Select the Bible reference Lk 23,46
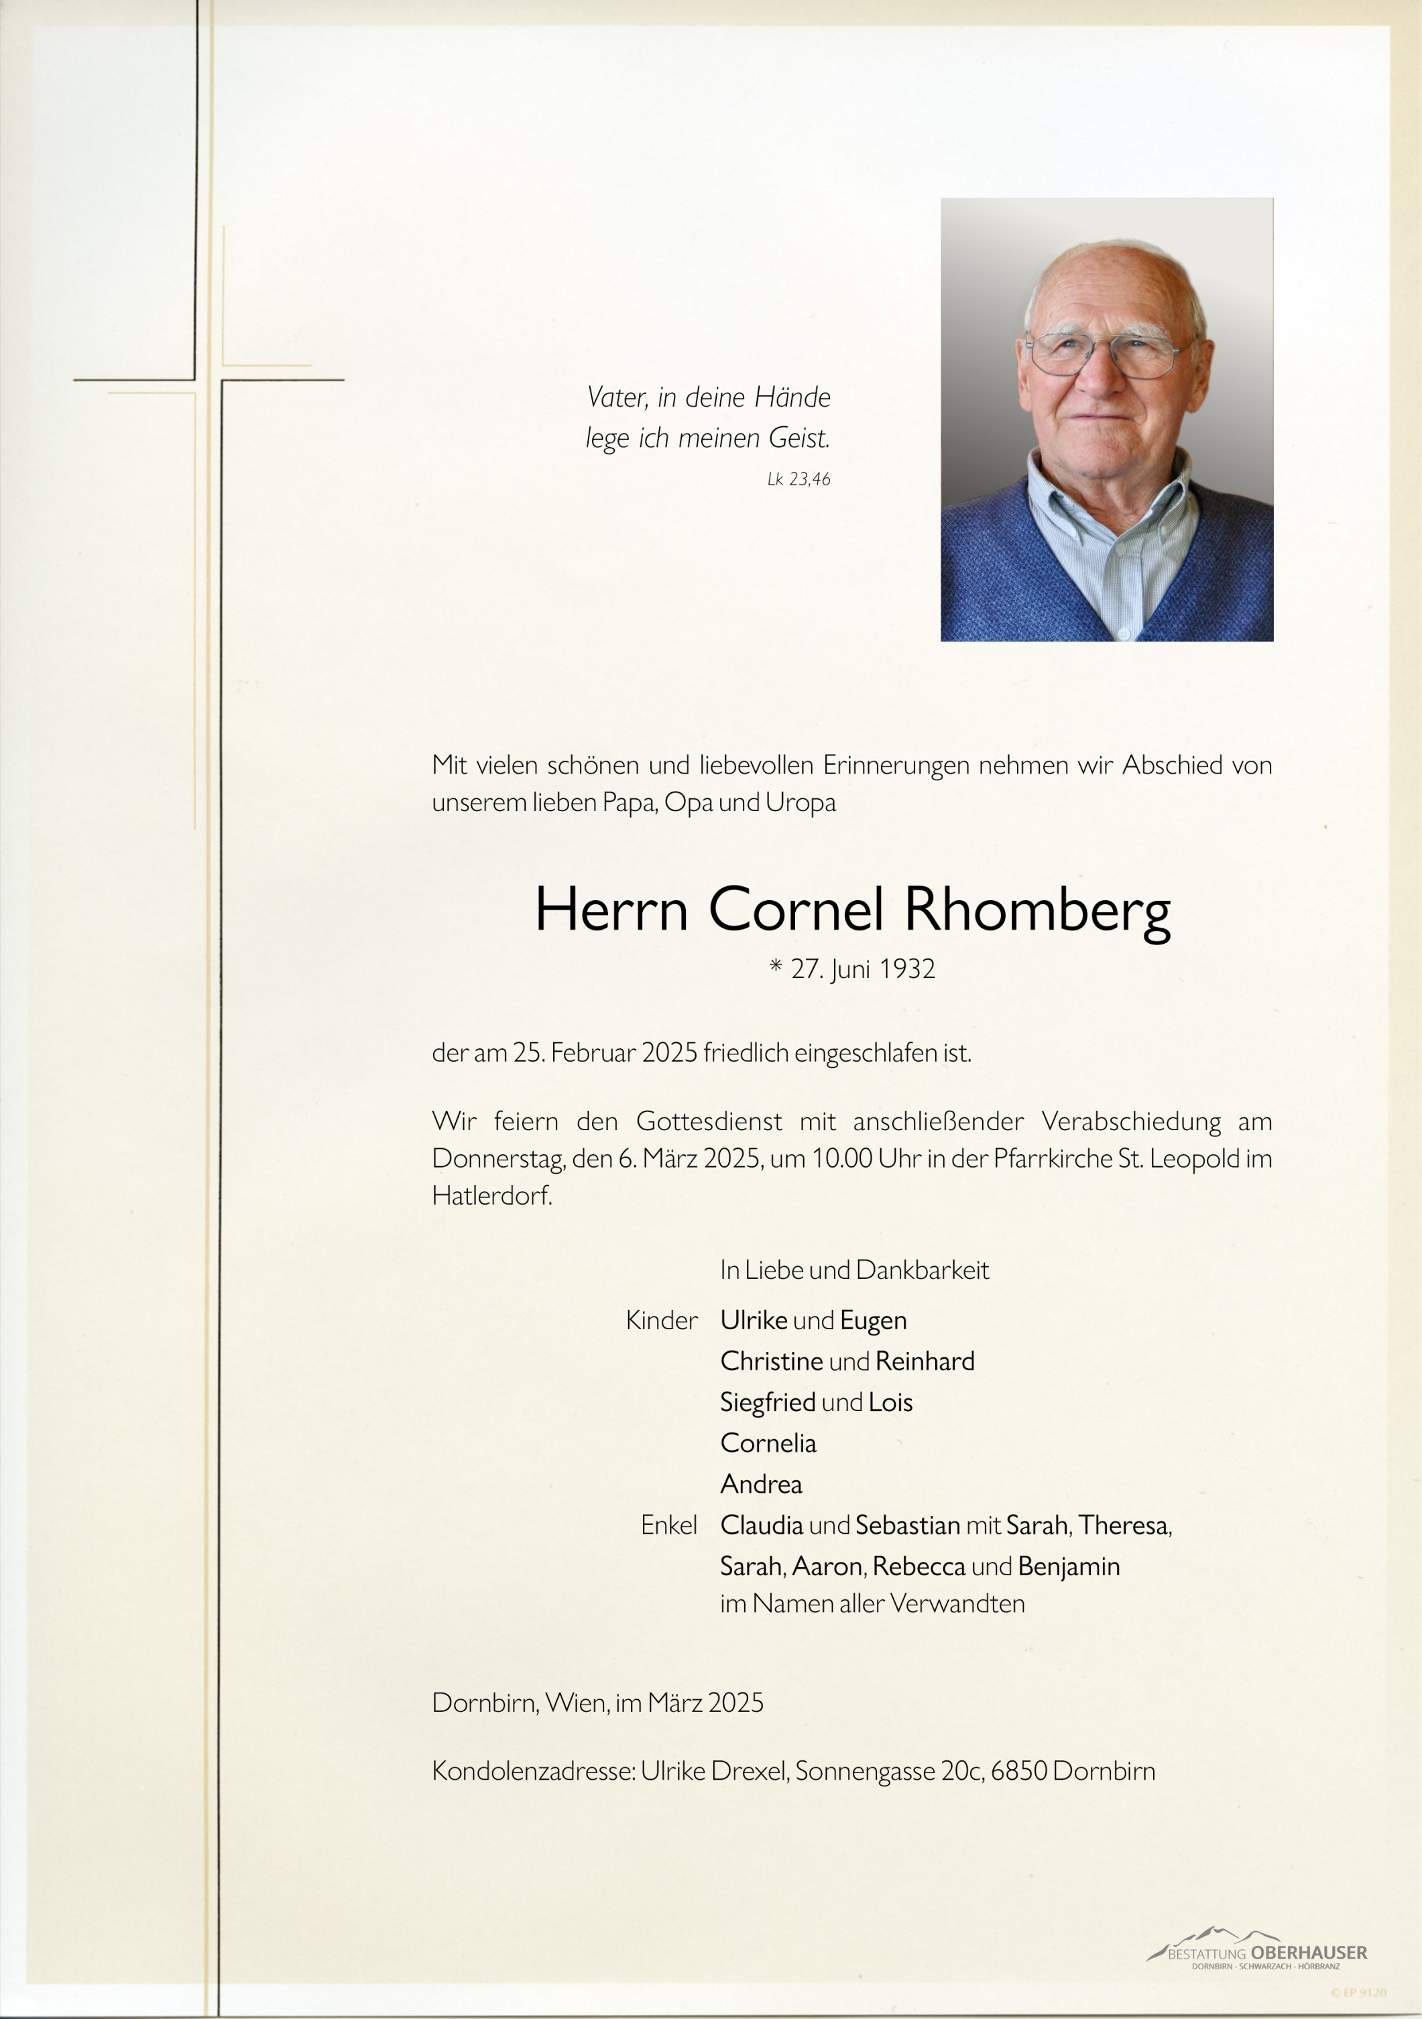coord(798,479)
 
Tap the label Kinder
coord(661,1320)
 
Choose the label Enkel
coord(668,1525)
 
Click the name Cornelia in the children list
coord(768,1443)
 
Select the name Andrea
coord(761,1484)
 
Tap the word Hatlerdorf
coord(491,1196)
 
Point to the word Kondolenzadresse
coord(533,1771)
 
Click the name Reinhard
coord(925,1361)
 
